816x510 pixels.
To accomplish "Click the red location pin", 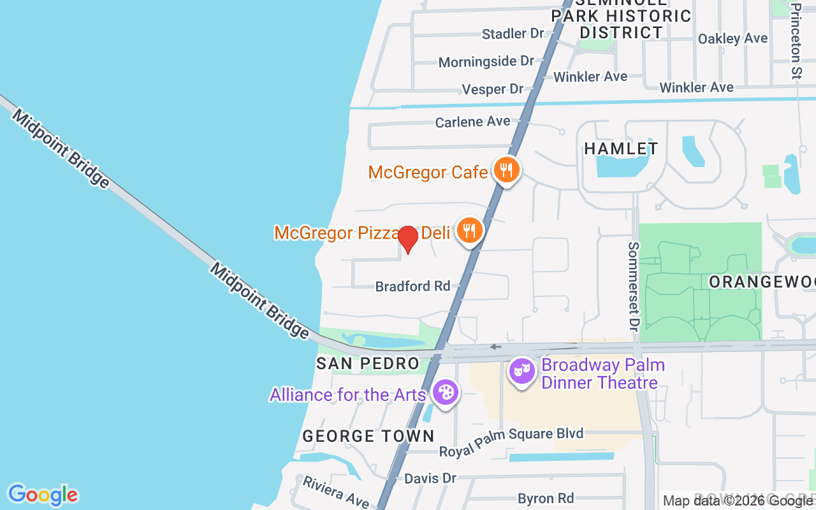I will tap(408, 239).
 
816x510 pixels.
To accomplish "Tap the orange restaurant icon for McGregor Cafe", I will tap(506, 170).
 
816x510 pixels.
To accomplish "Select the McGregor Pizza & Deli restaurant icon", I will tap(470, 230).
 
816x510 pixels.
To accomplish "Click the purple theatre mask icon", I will tap(521, 371).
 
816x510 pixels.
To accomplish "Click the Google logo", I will tap(43, 495).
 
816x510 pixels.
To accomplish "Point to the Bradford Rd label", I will tap(412, 286).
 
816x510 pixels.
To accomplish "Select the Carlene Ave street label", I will tap(472, 121).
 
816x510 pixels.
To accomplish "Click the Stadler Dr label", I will tap(513, 33).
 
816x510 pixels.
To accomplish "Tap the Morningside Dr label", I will tap(486, 61).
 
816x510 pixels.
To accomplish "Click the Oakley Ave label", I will tap(732, 38).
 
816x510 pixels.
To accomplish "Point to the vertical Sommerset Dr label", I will tap(633, 286).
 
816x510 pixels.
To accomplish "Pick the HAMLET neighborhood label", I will tap(621, 149).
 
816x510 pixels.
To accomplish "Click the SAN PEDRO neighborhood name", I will tap(368, 364).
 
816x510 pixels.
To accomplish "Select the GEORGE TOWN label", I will tap(368, 436).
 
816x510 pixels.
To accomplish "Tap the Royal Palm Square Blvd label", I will tap(511, 442).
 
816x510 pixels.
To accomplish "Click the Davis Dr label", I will tap(430, 477).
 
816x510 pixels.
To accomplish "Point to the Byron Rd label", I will tap(546, 498).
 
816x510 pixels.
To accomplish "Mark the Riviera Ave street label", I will tap(335, 492).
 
